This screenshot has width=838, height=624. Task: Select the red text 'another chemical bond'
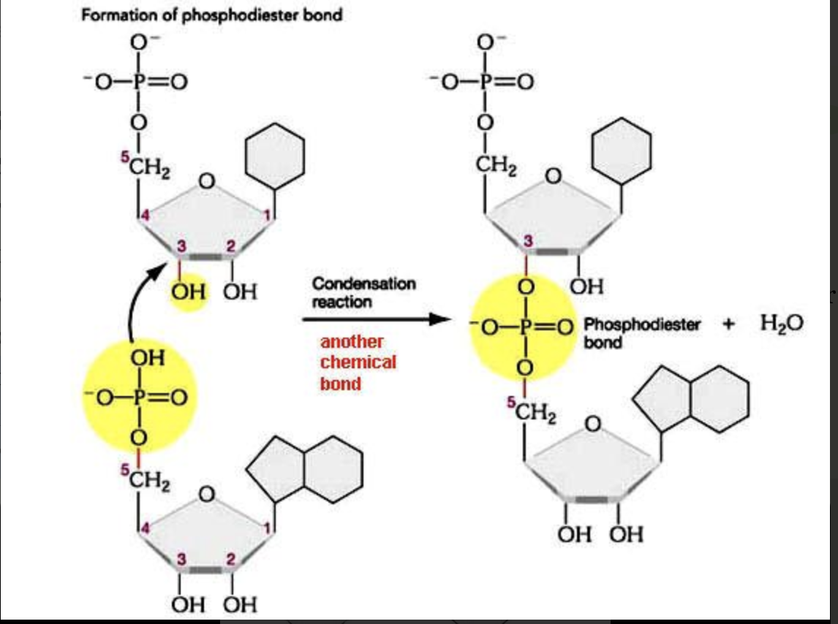tap(358, 362)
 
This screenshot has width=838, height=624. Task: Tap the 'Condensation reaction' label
tap(363, 292)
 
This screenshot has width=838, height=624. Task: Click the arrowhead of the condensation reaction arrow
tap(438, 319)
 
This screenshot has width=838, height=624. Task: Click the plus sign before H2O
tap(728, 324)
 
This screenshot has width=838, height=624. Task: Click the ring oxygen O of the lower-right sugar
tap(593, 423)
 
